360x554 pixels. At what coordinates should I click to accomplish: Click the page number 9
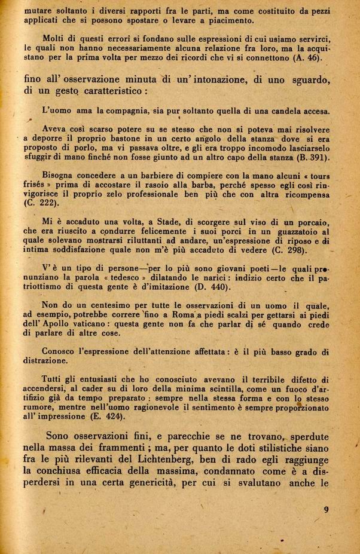[x=326, y=510]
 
